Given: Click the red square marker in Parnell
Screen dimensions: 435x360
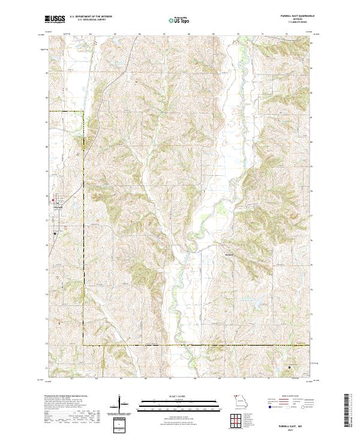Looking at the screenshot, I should (53, 200).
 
